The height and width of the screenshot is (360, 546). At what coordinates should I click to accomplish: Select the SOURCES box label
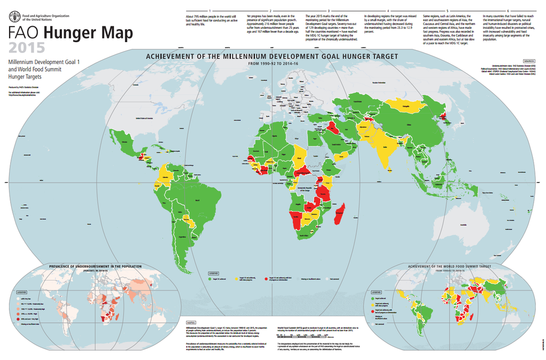[529, 61]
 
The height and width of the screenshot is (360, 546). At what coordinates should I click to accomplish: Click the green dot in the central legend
[209, 278]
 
